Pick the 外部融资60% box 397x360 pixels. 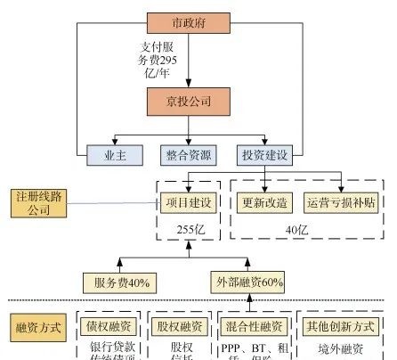248,282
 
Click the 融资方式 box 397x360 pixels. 38,328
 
